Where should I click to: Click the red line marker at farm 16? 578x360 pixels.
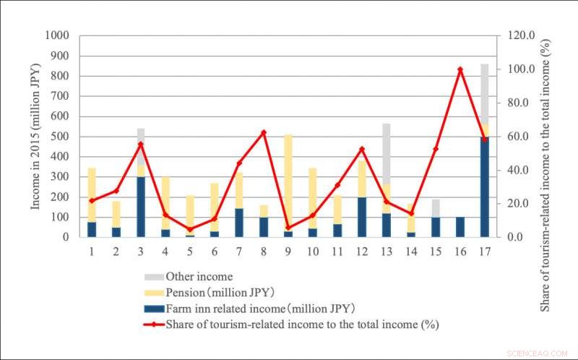[460, 69]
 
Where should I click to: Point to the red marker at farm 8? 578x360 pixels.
[264, 132]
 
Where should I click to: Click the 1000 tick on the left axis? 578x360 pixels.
[59, 35]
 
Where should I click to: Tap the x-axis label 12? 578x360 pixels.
[362, 251]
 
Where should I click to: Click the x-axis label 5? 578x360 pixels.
[190, 251]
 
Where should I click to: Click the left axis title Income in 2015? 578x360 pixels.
[36, 136]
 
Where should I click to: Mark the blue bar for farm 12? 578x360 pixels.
[362, 216]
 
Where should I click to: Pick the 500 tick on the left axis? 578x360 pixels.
[61, 136]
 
